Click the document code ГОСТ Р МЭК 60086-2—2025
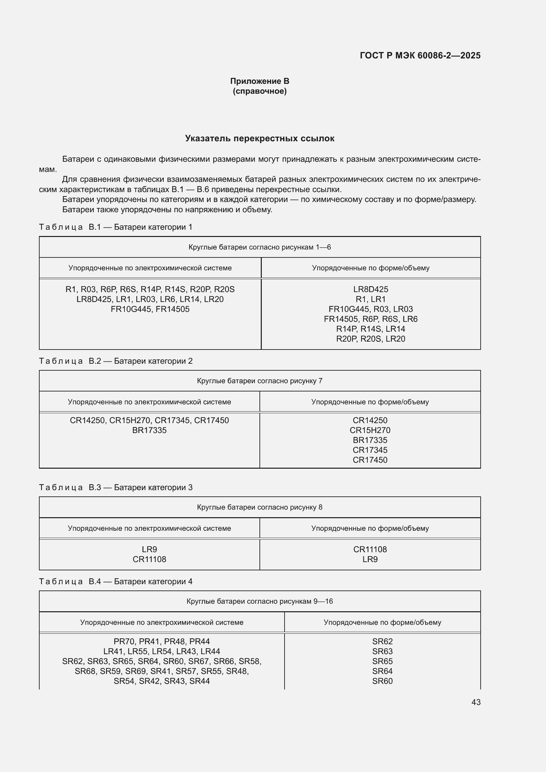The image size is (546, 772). pyautogui.click(x=420, y=55)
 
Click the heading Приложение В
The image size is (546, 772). pyautogui.click(x=259, y=81)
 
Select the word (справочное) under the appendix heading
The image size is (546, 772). pyautogui.click(x=259, y=91)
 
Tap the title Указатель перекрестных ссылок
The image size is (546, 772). pyautogui.click(x=259, y=139)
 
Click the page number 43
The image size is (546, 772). pyautogui.click(x=476, y=702)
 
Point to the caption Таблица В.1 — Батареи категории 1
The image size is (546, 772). pyautogui.click(x=116, y=227)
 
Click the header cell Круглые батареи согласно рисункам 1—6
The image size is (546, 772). pyautogui.click(x=259, y=247)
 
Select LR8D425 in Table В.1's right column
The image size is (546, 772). pyautogui.click(x=370, y=289)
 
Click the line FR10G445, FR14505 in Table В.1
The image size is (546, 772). pyautogui.click(x=150, y=309)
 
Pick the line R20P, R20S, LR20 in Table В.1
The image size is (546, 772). pyautogui.click(x=370, y=339)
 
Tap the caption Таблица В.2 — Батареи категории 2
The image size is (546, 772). pyautogui.click(x=116, y=361)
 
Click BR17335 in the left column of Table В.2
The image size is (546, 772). pyautogui.click(x=149, y=430)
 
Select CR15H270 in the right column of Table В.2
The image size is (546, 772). pyautogui.click(x=370, y=430)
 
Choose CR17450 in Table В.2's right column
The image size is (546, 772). pyautogui.click(x=370, y=460)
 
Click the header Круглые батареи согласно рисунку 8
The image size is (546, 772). pyautogui.click(x=259, y=507)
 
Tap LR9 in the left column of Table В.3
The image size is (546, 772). pyautogui.click(x=149, y=549)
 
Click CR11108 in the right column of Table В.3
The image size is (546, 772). pyautogui.click(x=370, y=549)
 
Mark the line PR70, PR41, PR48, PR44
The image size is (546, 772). pyautogui.click(x=162, y=641)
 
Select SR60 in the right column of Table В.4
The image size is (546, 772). pyautogui.click(x=382, y=681)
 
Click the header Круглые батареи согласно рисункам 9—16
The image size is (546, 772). pyautogui.click(x=259, y=601)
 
